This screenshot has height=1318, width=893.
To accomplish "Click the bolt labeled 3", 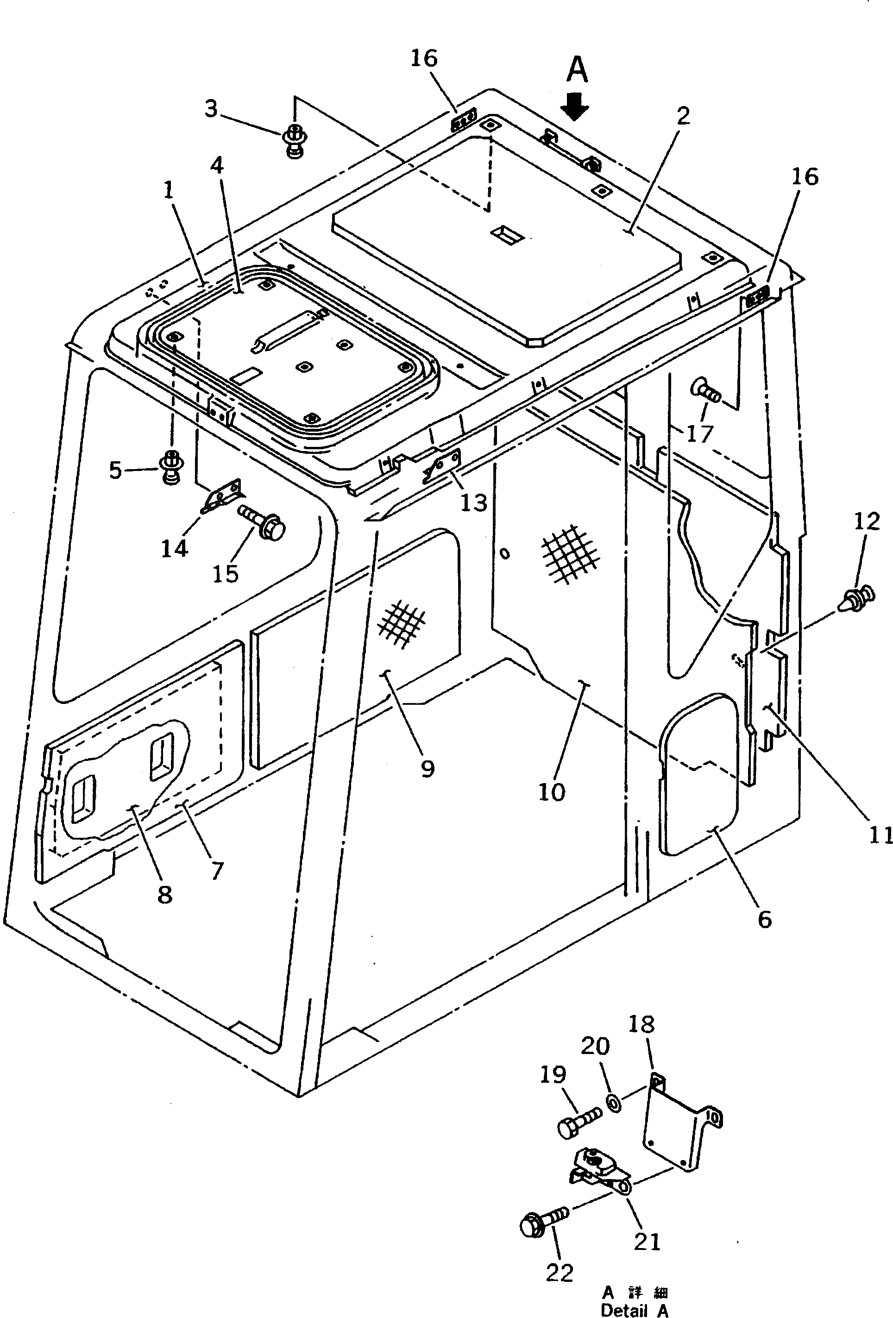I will tap(294, 141).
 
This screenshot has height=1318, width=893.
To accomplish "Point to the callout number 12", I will tap(866, 521).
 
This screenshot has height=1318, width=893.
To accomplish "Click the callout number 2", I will tap(684, 116).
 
